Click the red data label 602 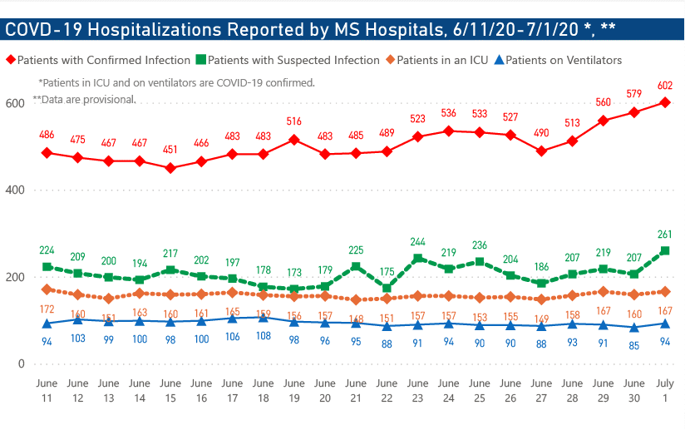pos(665,85)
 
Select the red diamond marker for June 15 pos(170,168)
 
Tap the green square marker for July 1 pos(665,250)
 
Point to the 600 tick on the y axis pos(13,103)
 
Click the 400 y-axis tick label pos(13,190)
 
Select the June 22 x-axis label pos(387,389)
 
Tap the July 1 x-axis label pos(665,389)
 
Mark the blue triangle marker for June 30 pos(634,327)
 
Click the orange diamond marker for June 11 pos(47,289)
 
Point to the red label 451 pos(170,151)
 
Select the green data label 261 pos(665,234)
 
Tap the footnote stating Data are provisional pos(85,99)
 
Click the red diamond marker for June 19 pos(294,140)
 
